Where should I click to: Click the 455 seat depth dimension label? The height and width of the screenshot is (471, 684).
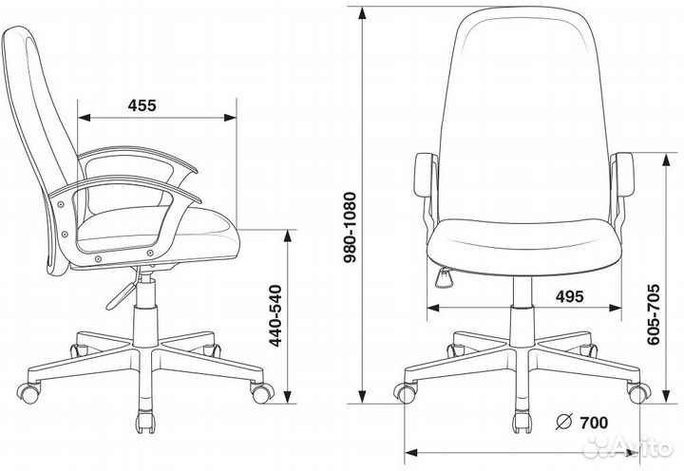click(142, 105)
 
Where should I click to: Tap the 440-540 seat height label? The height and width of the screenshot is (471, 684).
click(275, 316)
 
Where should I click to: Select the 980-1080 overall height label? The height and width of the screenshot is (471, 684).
click(350, 227)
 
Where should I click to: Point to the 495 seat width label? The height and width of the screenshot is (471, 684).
click(569, 296)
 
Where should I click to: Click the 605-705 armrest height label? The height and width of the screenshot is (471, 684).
click(653, 315)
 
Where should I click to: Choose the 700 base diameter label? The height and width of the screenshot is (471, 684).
click(593, 423)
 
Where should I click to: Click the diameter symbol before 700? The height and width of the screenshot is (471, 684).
click(564, 422)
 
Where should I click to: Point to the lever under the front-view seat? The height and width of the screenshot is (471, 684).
click(444, 278)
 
